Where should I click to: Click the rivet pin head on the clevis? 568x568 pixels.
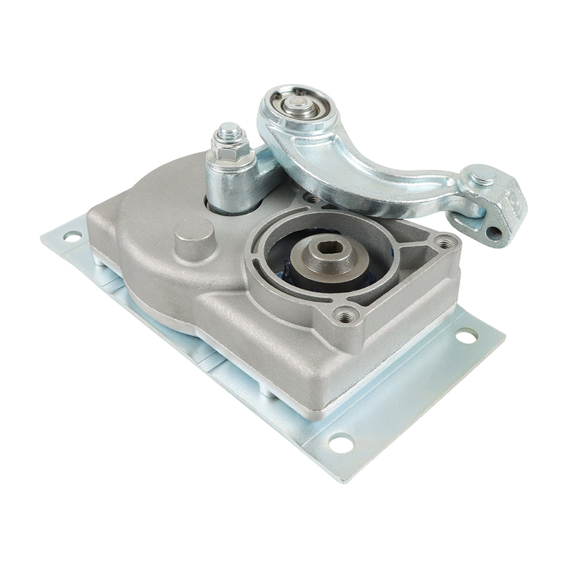click(483, 175)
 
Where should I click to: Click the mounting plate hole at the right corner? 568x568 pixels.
click(466, 336)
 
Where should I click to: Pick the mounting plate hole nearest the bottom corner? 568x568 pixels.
click(341, 443)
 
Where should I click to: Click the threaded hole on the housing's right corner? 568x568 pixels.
click(444, 242)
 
